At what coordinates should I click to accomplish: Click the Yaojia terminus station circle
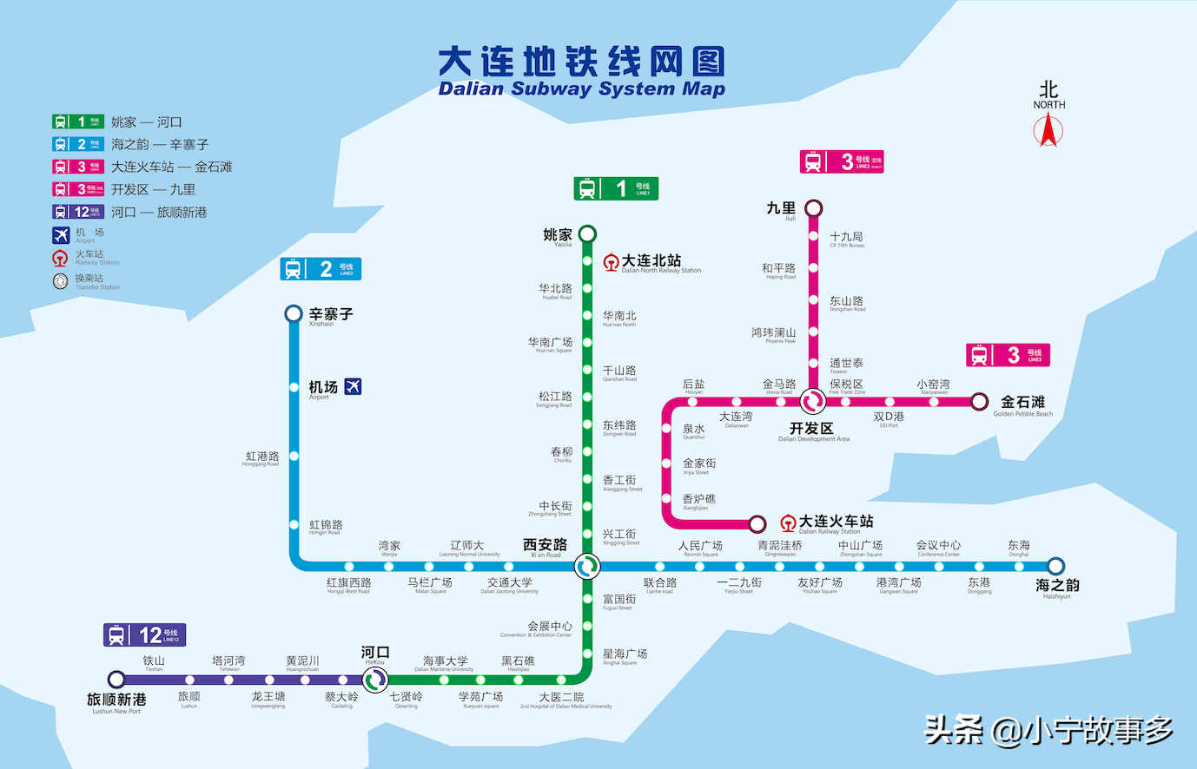[587, 233]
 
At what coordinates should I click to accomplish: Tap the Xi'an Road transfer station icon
[587, 566]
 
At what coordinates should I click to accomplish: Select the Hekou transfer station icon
[374, 680]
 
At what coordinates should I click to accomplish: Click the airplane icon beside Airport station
[353, 386]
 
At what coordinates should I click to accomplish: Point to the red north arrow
[1048, 130]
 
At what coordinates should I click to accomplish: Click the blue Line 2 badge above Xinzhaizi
[321, 269]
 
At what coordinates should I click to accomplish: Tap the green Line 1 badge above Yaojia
[616, 188]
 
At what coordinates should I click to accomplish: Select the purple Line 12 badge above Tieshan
[144, 635]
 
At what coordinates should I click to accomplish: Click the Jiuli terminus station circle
[813, 208]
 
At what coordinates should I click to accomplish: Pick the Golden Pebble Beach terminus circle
[980, 401]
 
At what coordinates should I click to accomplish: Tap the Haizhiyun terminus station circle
[1055, 566]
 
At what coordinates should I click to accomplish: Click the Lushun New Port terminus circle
[116, 680]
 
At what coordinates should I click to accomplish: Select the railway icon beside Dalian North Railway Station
[611, 262]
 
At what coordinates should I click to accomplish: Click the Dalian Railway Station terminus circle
[757, 523]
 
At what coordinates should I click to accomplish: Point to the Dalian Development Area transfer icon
[813, 401]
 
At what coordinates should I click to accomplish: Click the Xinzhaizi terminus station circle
[294, 314]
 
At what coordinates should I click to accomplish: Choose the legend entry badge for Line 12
[78, 212]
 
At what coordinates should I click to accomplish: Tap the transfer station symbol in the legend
[60, 281]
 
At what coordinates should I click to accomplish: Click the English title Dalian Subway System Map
[581, 89]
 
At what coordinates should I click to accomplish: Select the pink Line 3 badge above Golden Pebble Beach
[1008, 355]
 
